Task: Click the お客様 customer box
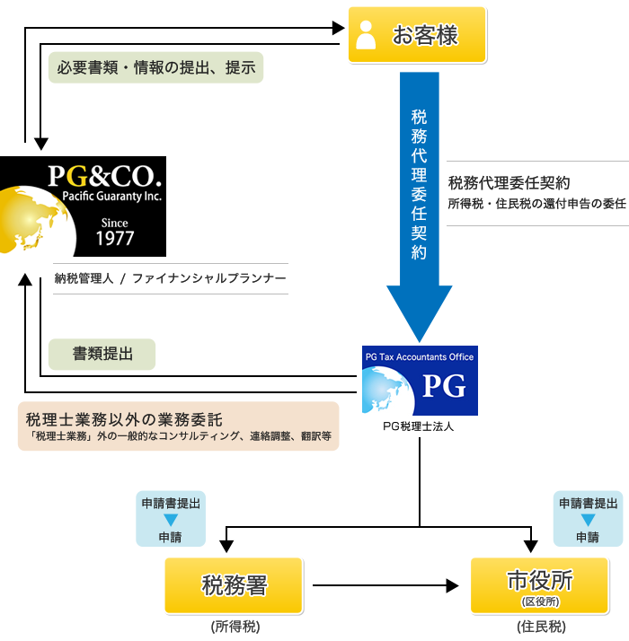pyautogui.click(x=417, y=35)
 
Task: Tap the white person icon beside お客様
pyautogui.click(x=366, y=35)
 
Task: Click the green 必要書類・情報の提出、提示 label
pyautogui.click(x=155, y=67)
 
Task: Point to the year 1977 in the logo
pyautogui.click(x=115, y=238)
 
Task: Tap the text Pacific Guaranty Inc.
pyautogui.click(x=111, y=197)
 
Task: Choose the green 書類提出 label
pyautogui.click(x=102, y=354)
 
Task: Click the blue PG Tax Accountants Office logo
pyautogui.click(x=420, y=381)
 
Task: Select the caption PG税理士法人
pyautogui.click(x=418, y=426)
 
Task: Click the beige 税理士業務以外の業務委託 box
pyautogui.click(x=179, y=426)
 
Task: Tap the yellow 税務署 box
pyautogui.click(x=234, y=585)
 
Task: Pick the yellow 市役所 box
pyautogui.click(x=540, y=585)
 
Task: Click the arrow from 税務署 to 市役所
pyautogui.click(x=385, y=585)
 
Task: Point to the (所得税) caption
pyautogui.click(x=235, y=627)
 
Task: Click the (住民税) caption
pyautogui.click(x=541, y=627)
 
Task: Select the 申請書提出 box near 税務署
pyautogui.click(x=171, y=519)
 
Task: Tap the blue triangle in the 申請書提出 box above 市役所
pyautogui.click(x=588, y=520)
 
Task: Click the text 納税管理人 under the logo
pyautogui.click(x=84, y=278)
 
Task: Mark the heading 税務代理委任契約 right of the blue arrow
pyautogui.click(x=509, y=183)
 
